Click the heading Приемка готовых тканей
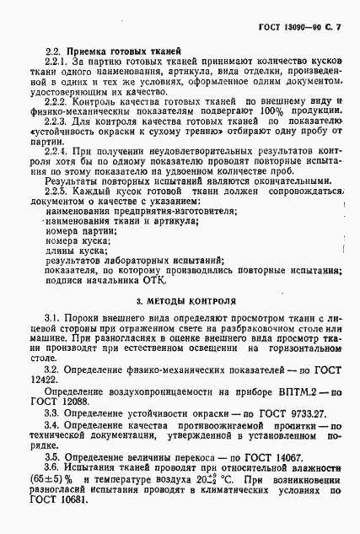pyautogui.click(x=123, y=52)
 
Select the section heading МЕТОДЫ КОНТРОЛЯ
pyautogui.click(x=186, y=300)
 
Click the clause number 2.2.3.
pyautogui.click(x=56, y=122)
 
